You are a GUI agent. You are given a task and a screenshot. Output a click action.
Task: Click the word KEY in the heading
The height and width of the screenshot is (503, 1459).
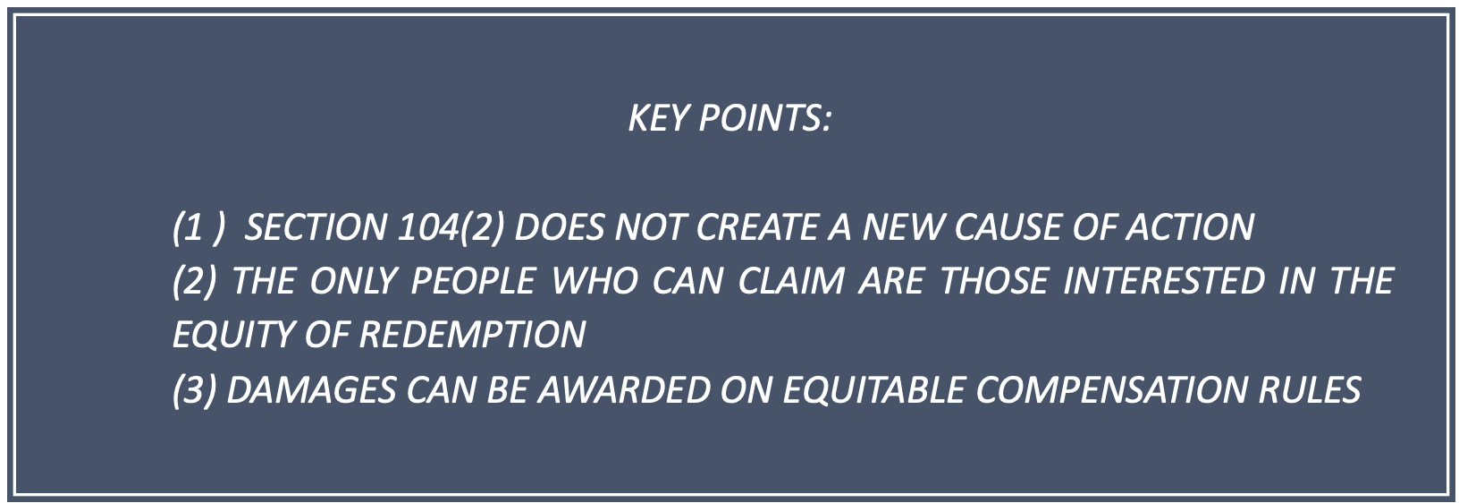point(658,118)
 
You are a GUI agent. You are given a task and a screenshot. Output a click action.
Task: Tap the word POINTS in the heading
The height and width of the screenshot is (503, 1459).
point(764,118)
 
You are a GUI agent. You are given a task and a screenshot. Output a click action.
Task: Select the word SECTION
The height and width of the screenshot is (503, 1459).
point(316,227)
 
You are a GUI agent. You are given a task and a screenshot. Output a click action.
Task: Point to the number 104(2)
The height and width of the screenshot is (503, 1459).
point(450,227)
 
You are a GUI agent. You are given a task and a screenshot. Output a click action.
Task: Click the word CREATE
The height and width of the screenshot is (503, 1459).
point(756,227)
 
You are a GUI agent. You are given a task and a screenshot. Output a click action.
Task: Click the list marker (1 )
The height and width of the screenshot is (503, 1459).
point(198,227)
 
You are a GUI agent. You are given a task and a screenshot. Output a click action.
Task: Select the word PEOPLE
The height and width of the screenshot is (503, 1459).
point(473,281)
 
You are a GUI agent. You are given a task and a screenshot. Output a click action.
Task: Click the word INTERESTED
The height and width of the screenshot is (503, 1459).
point(1164,281)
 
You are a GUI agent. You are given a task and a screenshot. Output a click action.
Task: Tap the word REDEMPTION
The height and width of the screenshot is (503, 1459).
point(472,335)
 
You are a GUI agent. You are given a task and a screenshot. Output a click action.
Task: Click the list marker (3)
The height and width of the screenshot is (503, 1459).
point(194,390)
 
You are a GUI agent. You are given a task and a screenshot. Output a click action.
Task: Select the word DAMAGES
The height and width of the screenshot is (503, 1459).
point(311,390)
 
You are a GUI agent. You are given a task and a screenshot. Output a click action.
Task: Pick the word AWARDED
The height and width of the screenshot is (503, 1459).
point(624,390)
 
